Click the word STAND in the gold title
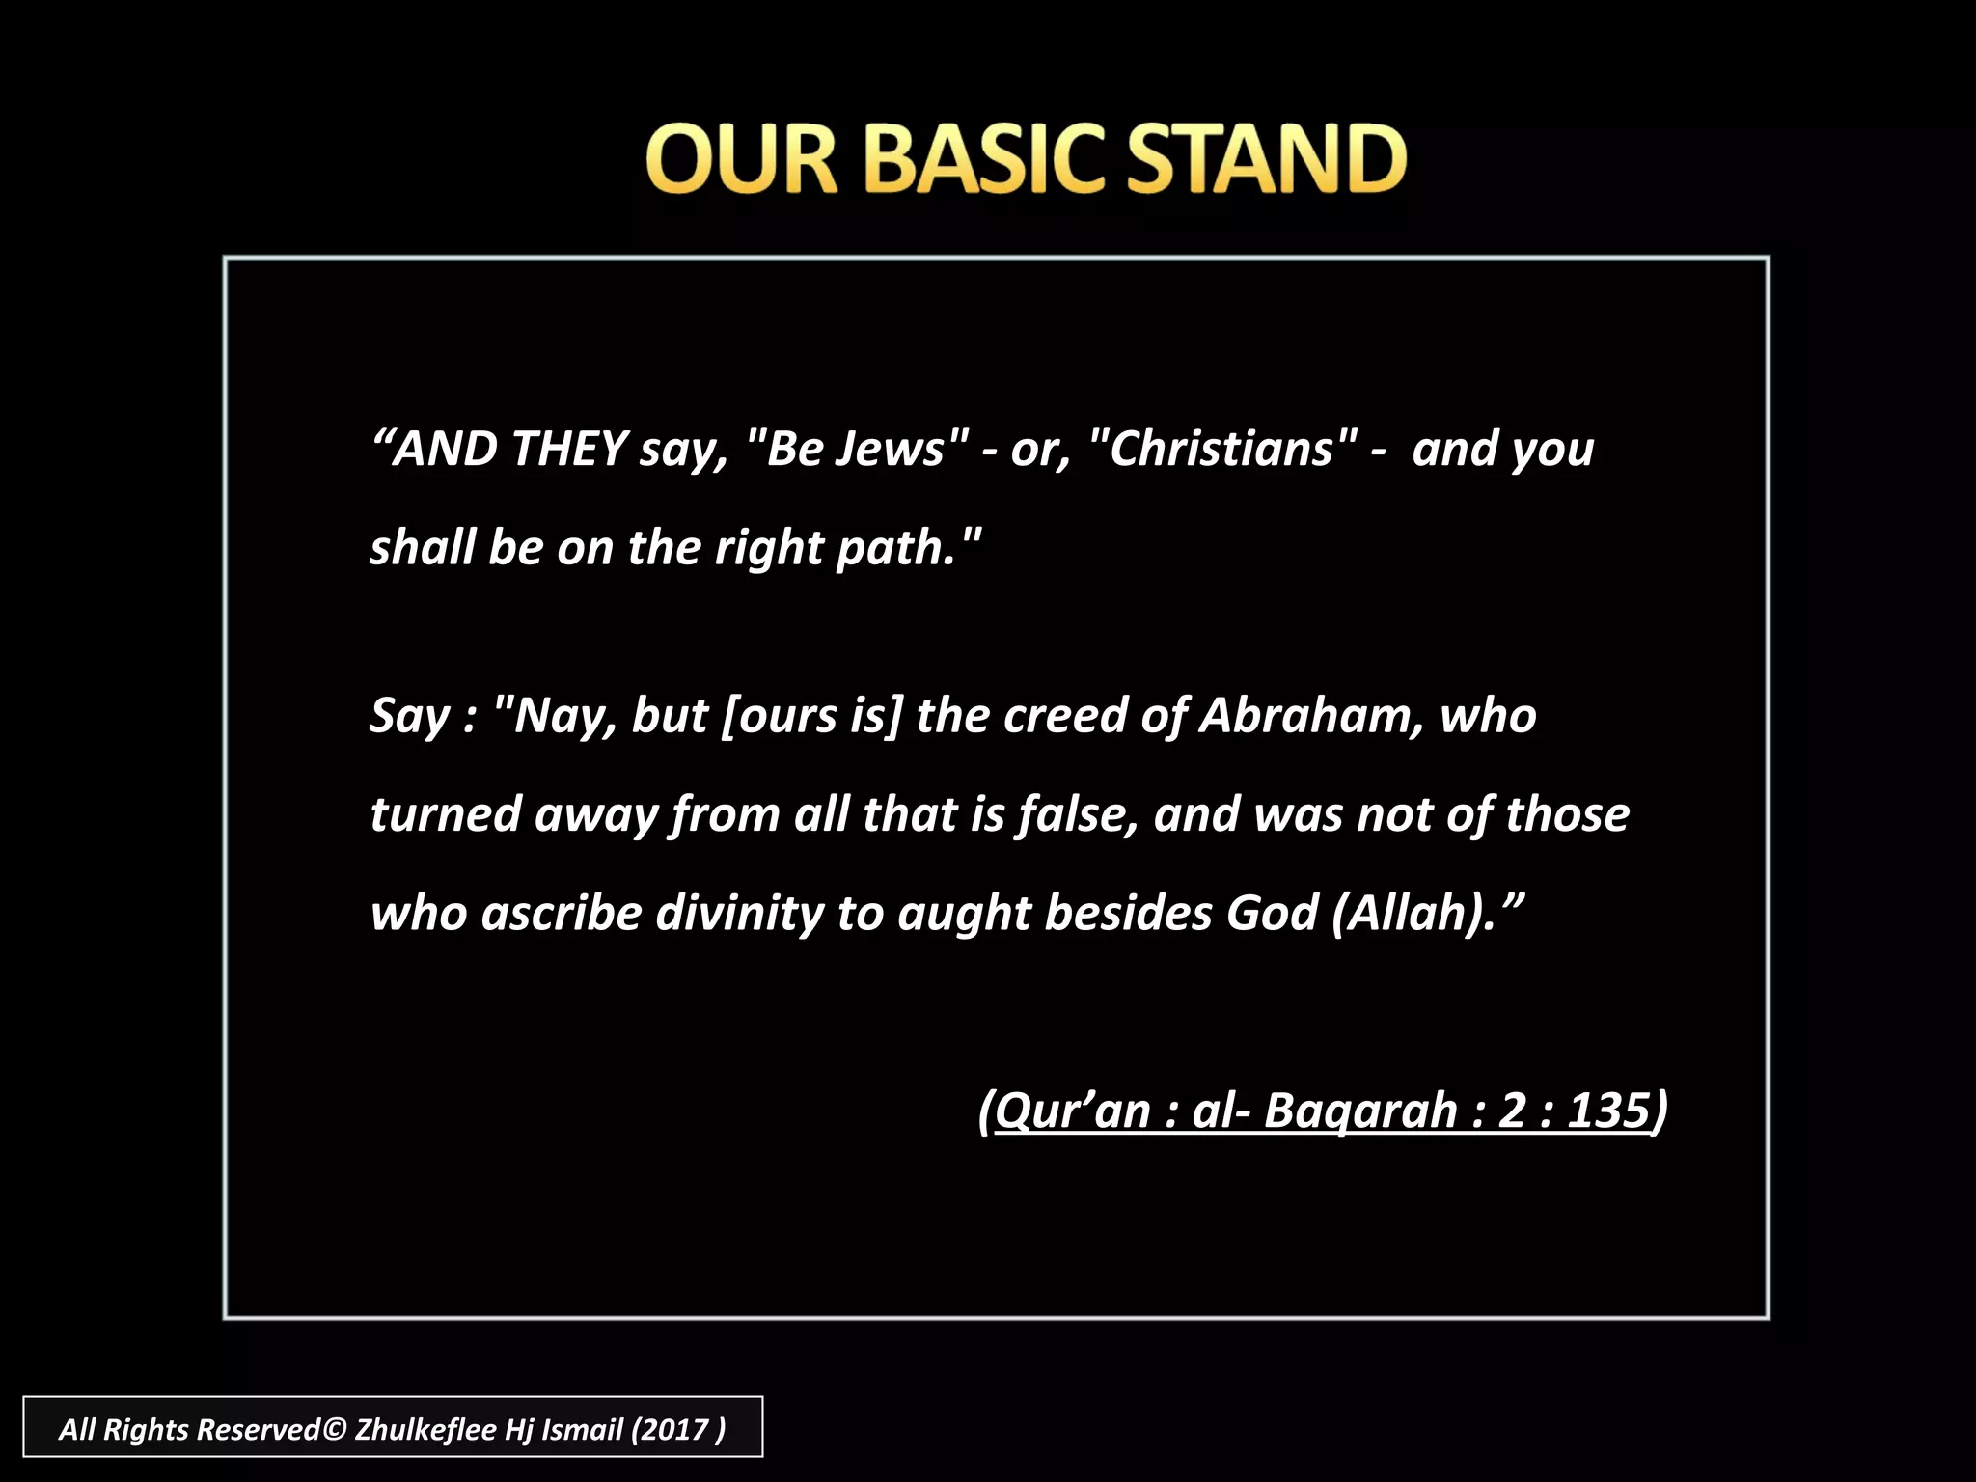(1267, 158)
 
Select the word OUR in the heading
(741, 158)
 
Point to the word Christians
(1221, 450)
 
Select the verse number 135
(1608, 1111)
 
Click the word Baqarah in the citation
(1360, 1111)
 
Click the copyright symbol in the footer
(334, 1429)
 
